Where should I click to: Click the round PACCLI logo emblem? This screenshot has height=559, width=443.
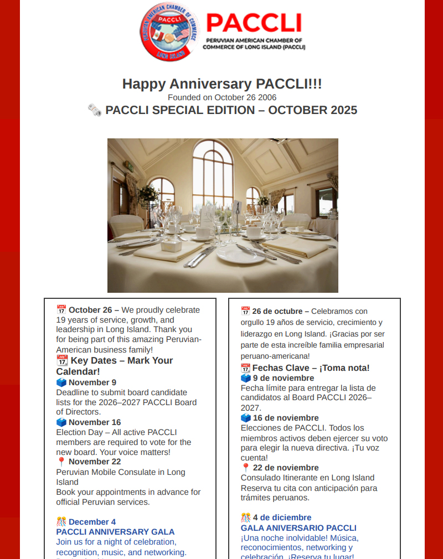click(169, 32)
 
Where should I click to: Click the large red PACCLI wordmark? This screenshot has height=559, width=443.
click(254, 23)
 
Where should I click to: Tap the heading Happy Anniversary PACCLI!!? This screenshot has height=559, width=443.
click(221, 84)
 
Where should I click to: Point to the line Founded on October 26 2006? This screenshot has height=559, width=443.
click(221, 97)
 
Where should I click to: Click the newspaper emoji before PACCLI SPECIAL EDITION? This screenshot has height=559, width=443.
click(95, 110)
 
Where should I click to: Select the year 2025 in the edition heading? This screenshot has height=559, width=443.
click(344, 110)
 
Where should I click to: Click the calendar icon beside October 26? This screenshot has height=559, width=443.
click(61, 310)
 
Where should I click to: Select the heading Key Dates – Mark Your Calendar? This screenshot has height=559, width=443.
click(115, 366)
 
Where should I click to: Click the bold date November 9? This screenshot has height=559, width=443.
click(92, 382)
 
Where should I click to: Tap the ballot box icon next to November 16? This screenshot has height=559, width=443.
click(61, 422)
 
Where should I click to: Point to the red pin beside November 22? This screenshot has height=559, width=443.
click(61, 462)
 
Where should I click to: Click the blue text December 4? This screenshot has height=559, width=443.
click(92, 522)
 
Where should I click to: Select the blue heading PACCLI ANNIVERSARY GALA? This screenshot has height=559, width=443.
click(115, 532)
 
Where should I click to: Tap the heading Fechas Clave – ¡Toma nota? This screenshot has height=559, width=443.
click(311, 368)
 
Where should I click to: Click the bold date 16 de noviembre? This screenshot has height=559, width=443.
click(286, 418)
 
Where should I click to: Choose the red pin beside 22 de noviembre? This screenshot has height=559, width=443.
click(246, 468)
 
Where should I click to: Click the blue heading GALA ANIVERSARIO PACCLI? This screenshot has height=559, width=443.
click(298, 528)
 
